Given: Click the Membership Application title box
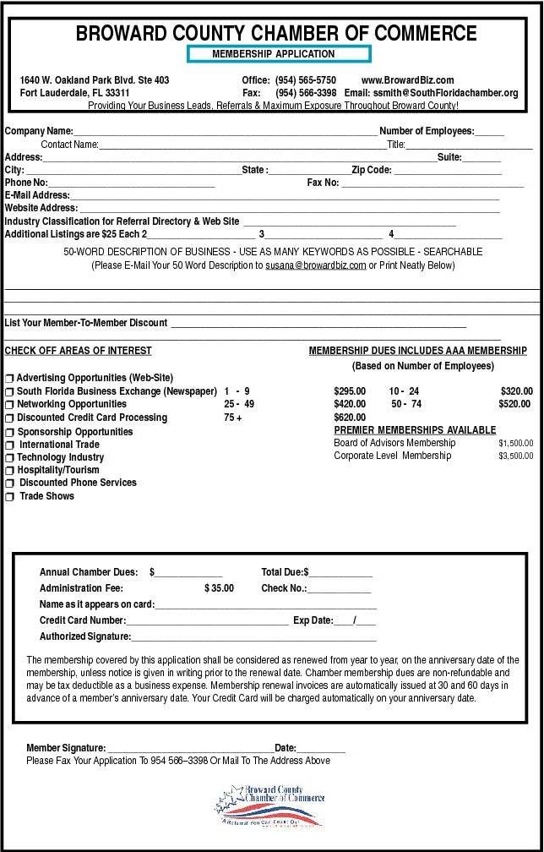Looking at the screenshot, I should [278, 54].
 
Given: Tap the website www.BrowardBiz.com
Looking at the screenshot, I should [407, 80].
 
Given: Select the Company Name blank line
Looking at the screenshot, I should [225, 133].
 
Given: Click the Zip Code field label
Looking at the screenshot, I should [372, 170].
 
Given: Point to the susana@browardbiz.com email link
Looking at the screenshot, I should [316, 265].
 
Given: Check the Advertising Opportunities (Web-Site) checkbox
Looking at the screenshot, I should [9, 379].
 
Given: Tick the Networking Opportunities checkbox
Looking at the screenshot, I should [9, 405].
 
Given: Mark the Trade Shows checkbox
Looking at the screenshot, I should [10, 497].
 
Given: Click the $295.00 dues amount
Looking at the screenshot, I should [350, 391].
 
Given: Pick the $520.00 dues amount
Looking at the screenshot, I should [514, 404].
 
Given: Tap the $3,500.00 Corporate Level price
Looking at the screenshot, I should [515, 456].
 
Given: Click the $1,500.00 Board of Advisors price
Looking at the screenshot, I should [515, 443].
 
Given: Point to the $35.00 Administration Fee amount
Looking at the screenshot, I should [219, 588].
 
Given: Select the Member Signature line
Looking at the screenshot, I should [189, 749].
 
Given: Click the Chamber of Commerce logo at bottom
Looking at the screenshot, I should [271, 806].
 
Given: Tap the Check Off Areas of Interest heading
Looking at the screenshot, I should [79, 351].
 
